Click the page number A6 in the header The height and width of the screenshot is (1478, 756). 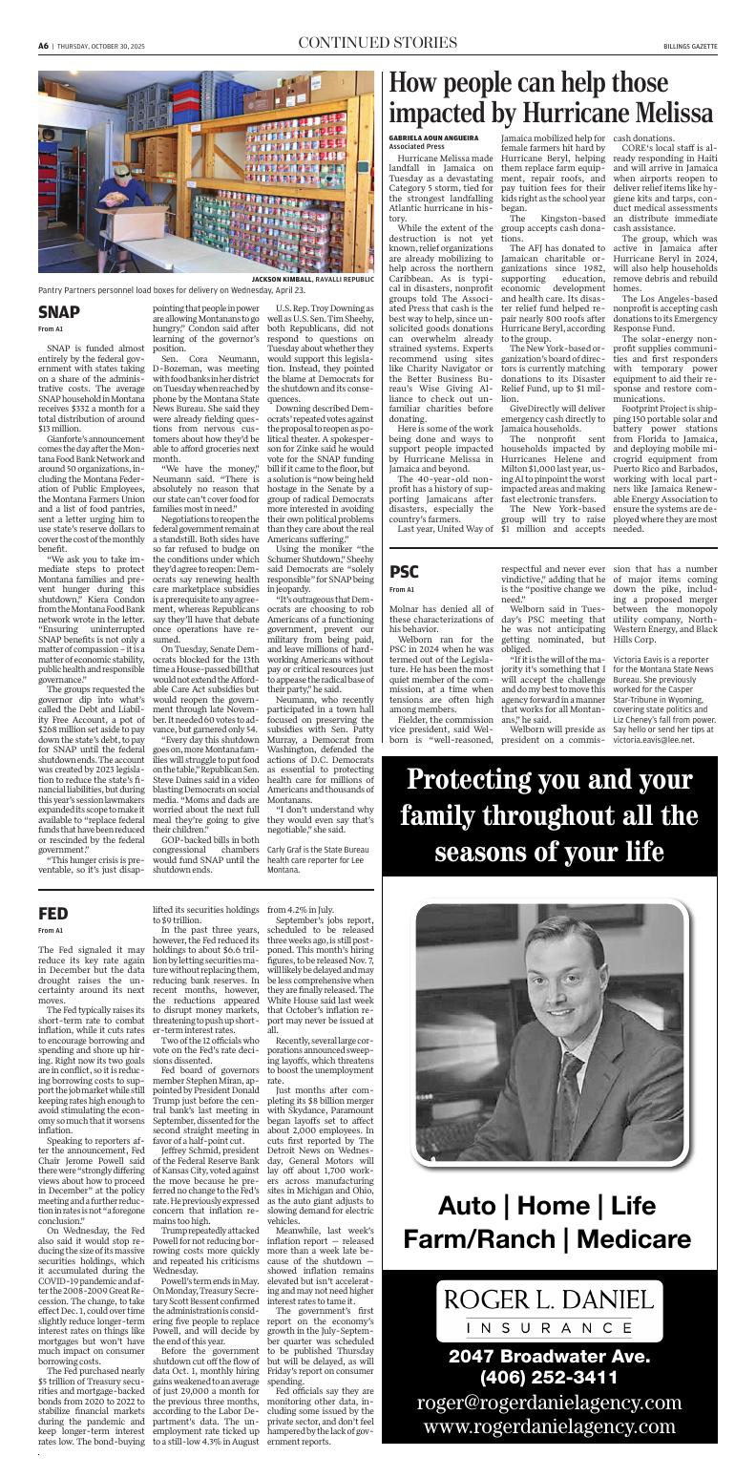click(x=43, y=45)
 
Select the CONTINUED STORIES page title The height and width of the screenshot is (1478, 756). click(x=377, y=43)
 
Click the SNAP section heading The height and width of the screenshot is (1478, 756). click(x=59, y=312)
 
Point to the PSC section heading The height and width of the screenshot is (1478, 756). click(x=404, y=545)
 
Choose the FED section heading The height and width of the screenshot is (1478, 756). click(x=53, y=914)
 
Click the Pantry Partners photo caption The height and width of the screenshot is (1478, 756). click(x=172, y=290)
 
